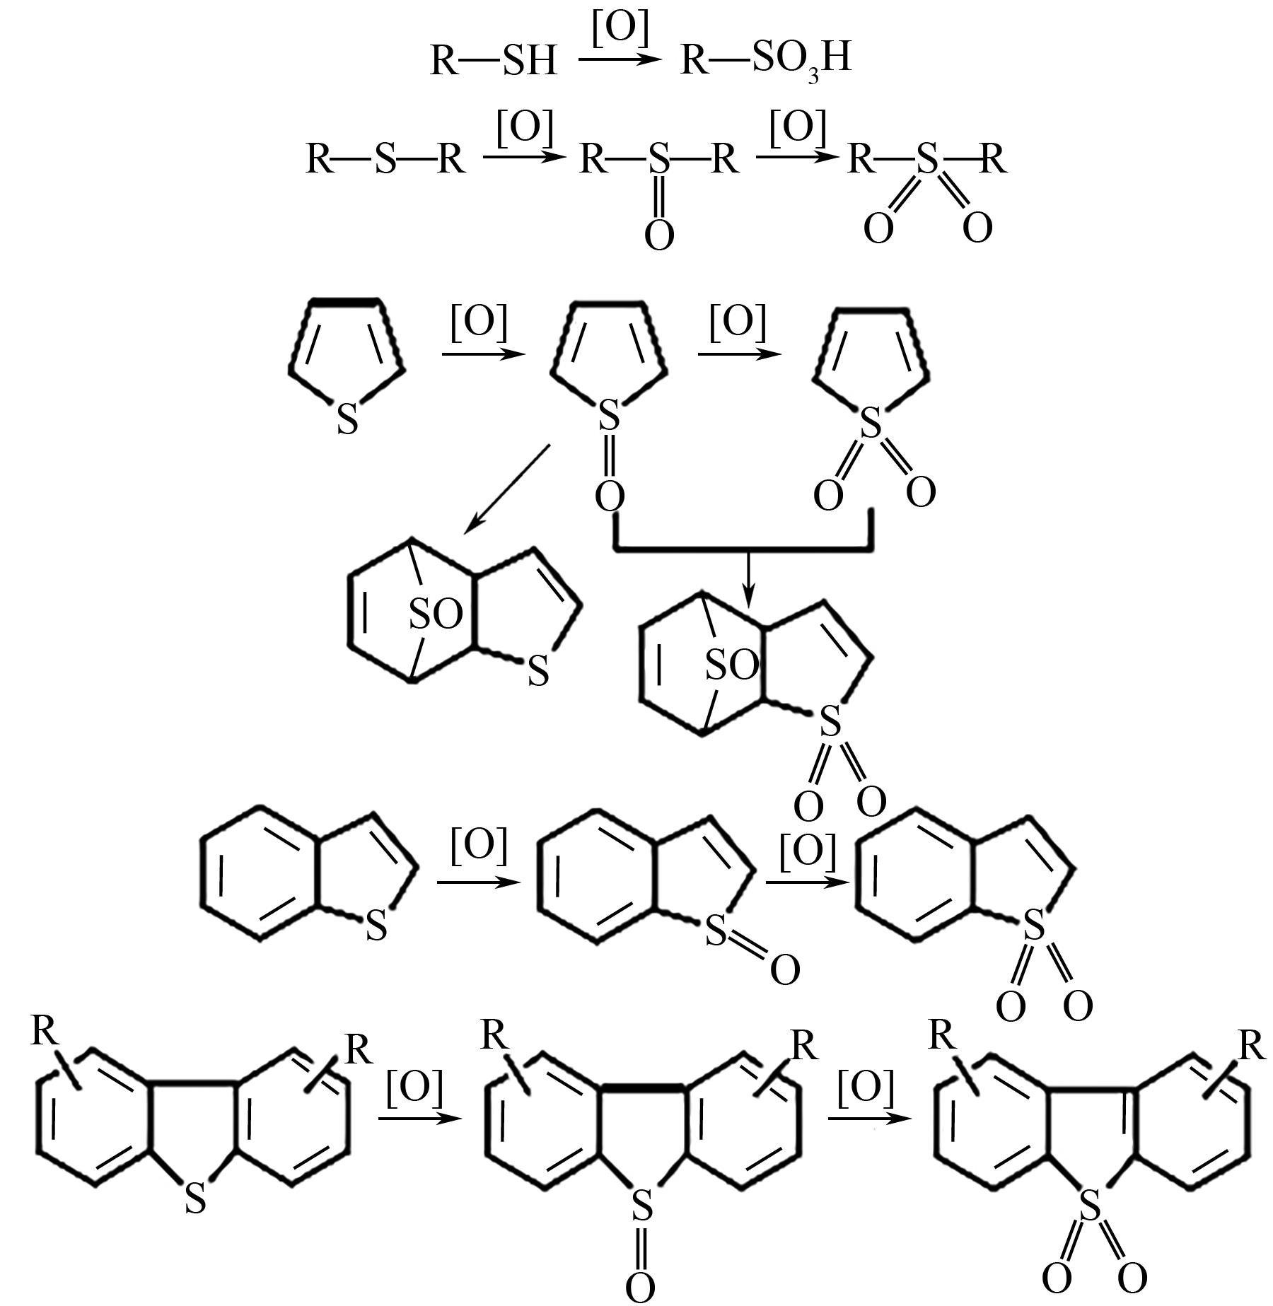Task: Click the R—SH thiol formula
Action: pos(494,60)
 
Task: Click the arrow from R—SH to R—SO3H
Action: pos(620,59)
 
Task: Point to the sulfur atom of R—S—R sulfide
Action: pos(386,158)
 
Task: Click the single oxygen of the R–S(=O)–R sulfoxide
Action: pos(659,235)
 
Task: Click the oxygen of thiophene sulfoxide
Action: pos(610,496)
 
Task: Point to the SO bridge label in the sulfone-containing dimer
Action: pos(731,665)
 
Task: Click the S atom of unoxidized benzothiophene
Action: pos(377,924)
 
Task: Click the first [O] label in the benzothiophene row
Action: pos(479,846)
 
